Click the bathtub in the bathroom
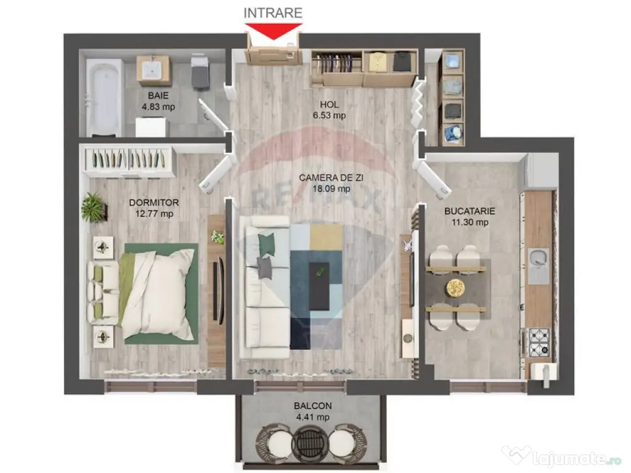click(x=104, y=97)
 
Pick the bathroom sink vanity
click(x=154, y=70)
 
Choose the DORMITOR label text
click(x=154, y=203)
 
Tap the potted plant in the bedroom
click(x=93, y=207)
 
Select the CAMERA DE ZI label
click(x=325, y=178)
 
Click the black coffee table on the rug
click(x=319, y=285)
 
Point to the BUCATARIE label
click(x=470, y=211)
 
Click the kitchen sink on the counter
click(x=538, y=266)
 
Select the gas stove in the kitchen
click(x=538, y=342)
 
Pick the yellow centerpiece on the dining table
click(x=456, y=288)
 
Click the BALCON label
click(x=313, y=406)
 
